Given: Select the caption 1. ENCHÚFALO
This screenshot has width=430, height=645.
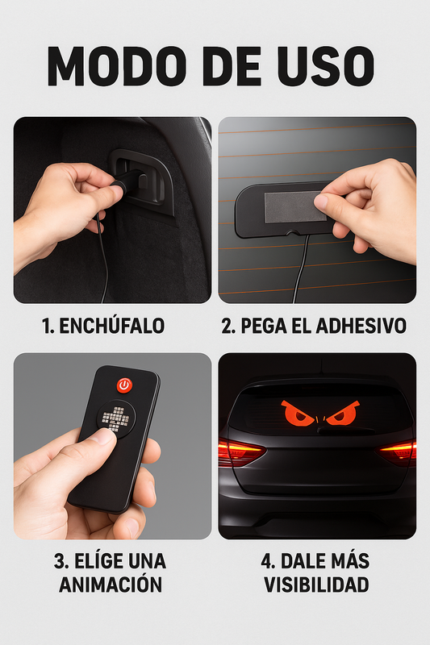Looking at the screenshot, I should click(x=103, y=327).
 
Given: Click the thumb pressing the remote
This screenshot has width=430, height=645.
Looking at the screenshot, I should click(x=101, y=439).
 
